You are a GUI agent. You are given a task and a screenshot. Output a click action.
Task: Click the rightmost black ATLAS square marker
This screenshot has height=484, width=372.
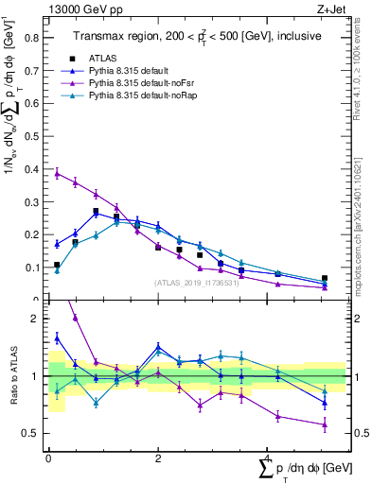point(325,279)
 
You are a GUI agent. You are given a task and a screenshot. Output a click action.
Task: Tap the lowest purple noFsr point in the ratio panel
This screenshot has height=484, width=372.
point(325,424)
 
